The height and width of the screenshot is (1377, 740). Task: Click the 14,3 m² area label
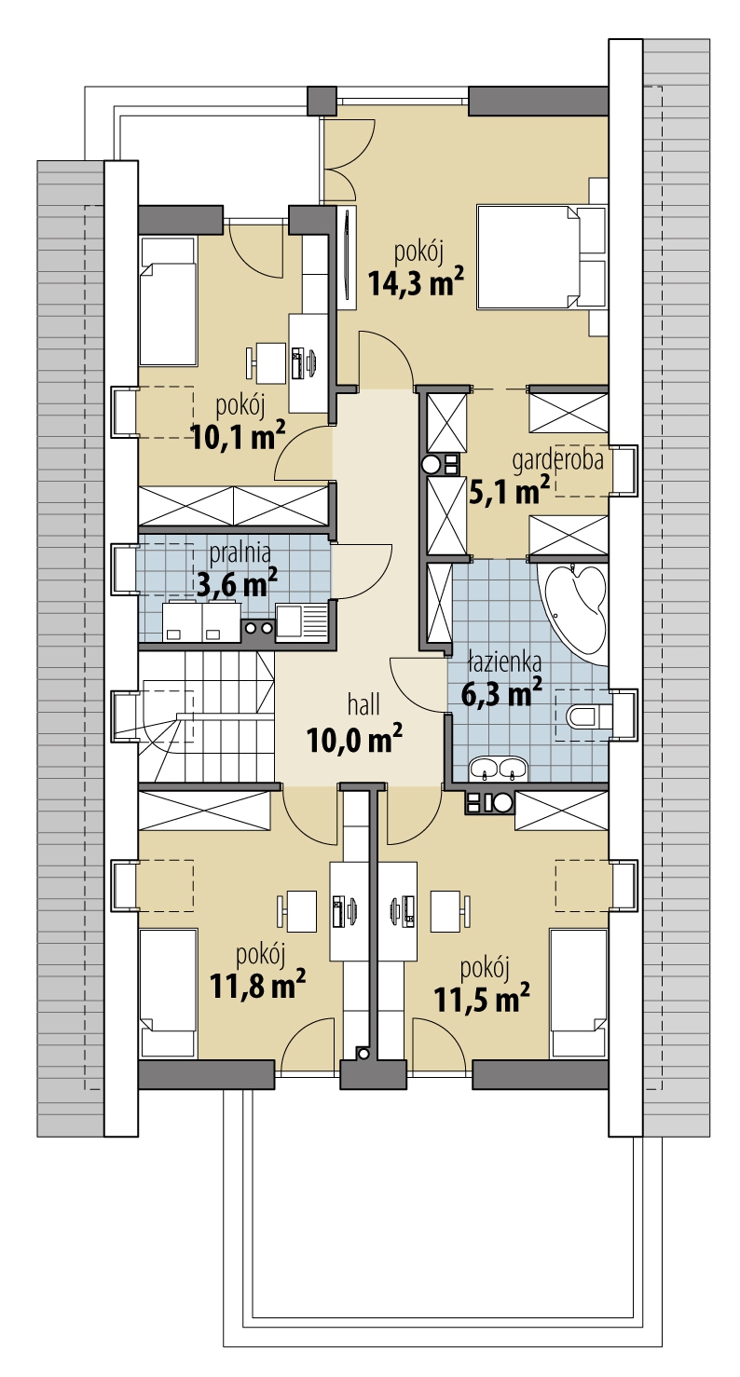[x=416, y=281]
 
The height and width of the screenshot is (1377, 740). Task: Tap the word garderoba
[x=558, y=460]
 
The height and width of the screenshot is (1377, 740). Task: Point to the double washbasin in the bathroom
[x=499, y=769]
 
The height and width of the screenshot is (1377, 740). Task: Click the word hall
[x=363, y=704]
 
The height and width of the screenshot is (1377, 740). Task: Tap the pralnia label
[x=240, y=553]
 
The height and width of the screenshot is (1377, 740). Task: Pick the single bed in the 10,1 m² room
[x=168, y=302]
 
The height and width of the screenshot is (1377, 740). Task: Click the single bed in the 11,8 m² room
[x=169, y=990]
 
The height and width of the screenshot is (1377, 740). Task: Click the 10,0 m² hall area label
[x=354, y=738]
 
